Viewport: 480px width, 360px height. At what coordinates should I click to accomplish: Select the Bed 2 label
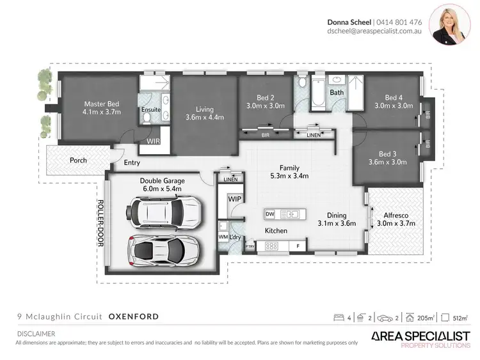click(x=266, y=98)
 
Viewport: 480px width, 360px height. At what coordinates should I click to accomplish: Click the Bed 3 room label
click(x=388, y=155)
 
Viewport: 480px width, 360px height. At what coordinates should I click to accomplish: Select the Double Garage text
click(x=161, y=181)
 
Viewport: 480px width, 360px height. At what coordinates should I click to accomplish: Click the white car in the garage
click(x=166, y=211)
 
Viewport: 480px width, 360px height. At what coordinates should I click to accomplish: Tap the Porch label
click(x=79, y=160)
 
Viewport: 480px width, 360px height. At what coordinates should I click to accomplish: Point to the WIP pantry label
click(x=234, y=200)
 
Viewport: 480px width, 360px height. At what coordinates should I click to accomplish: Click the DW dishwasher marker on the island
click(x=269, y=213)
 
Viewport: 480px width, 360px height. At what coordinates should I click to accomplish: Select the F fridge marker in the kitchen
click(x=298, y=246)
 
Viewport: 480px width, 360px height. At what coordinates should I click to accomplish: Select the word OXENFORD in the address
click(x=134, y=317)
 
